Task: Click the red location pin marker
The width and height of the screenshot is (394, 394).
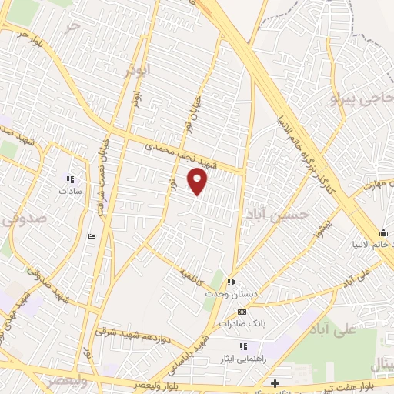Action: [199, 182]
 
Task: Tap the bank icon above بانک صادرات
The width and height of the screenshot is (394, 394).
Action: [242, 312]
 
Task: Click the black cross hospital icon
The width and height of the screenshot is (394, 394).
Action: [275, 382]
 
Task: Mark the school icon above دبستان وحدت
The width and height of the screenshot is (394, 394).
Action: [231, 282]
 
